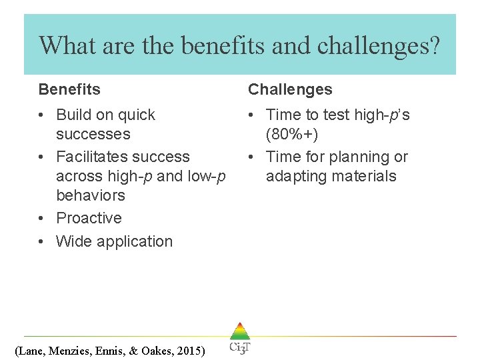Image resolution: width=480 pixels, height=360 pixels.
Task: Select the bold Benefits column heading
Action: point(69,89)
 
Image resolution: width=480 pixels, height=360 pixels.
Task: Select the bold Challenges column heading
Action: point(290,89)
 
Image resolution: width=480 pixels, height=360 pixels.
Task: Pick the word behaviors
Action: point(91,195)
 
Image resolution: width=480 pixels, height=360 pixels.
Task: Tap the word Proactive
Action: point(89,218)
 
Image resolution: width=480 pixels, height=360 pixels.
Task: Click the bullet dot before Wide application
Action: point(42,241)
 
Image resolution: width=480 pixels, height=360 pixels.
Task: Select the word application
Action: point(134,241)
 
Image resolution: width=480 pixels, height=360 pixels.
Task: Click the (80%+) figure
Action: point(292,134)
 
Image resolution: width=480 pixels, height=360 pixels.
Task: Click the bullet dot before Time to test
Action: point(252,115)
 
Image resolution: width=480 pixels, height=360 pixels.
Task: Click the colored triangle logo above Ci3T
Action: point(239,331)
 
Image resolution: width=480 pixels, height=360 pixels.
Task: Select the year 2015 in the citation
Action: point(189,351)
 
